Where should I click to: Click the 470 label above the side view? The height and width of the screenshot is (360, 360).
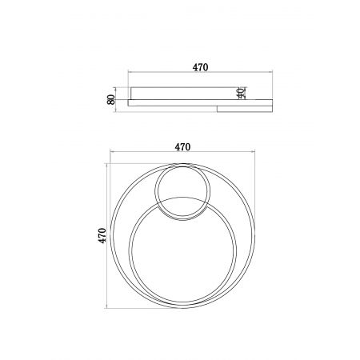tap(200, 67)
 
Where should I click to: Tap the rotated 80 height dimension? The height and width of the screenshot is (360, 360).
tap(111, 99)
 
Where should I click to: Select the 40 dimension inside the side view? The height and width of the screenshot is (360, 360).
tap(241, 93)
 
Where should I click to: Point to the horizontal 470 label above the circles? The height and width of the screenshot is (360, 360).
tap(182, 147)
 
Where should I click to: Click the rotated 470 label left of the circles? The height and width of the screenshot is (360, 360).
tap(102, 236)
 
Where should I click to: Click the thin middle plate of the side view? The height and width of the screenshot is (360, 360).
tap(200, 102)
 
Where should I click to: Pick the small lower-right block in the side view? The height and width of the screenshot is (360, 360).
tap(245, 109)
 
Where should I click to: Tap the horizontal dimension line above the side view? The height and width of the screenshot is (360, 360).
tap(200, 72)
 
